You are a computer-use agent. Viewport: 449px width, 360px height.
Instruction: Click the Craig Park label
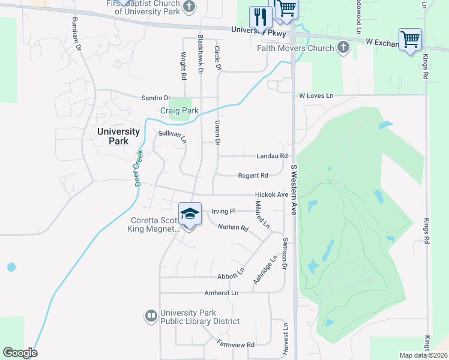(x=179, y=111)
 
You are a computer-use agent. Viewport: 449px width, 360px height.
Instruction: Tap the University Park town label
(x=119, y=136)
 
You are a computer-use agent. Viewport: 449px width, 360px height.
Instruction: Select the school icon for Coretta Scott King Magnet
(x=189, y=214)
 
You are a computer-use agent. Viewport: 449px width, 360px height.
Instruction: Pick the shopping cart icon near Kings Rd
(x=410, y=40)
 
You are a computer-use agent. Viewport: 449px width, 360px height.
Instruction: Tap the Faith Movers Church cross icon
(x=343, y=48)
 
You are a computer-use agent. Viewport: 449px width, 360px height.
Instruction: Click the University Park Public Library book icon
(x=151, y=315)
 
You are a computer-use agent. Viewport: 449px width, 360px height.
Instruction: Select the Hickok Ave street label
(x=271, y=194)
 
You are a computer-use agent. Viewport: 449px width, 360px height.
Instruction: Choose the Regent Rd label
(x=253, y=175)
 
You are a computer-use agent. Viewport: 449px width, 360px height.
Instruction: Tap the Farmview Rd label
(x=236, y=344)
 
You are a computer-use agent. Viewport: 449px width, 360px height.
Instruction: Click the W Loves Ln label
(x=316, y=95)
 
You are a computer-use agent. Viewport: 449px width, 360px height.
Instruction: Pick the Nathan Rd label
(x=233, y=227)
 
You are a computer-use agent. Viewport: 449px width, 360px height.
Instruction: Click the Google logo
(x=19, y=353)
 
